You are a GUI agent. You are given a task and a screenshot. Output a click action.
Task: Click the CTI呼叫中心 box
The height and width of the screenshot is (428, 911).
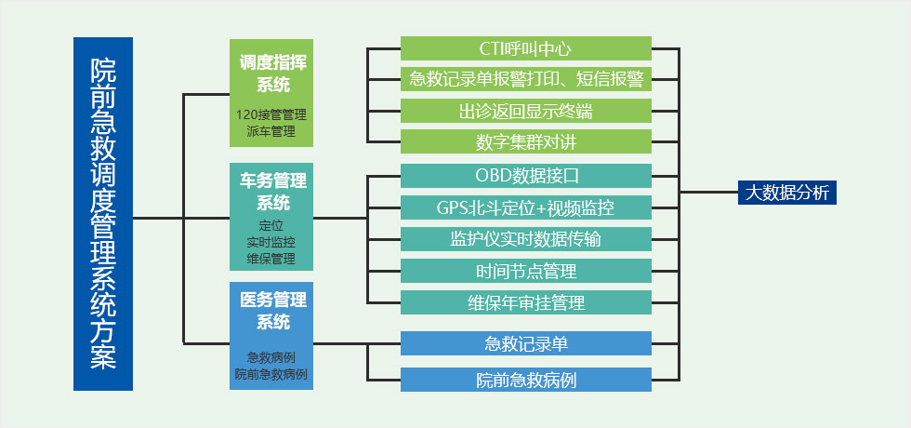click(x=525, y=47)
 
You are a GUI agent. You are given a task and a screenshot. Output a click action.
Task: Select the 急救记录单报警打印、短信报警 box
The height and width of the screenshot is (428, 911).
click(x=525, y=79)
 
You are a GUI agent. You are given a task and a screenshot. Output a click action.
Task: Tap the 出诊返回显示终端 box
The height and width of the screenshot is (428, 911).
click(x=525, y=111)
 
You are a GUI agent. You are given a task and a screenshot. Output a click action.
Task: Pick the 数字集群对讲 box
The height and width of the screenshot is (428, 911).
click(x=525, y=142)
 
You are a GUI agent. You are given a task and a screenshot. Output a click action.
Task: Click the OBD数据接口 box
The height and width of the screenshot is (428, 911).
click(x=525, y=175)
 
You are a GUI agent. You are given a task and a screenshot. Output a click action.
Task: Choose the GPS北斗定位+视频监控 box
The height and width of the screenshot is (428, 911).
click(x=525, y=207)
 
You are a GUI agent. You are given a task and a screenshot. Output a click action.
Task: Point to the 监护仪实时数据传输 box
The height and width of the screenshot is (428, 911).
click(x=525, y=238)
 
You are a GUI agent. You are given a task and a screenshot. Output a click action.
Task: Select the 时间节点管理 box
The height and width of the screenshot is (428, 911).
click(x=525, y=271)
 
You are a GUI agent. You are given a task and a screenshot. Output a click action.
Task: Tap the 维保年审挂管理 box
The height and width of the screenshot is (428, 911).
click(x=525, y=302)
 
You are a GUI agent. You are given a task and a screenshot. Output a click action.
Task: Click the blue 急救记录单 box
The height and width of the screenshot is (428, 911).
click(x=525, y=343)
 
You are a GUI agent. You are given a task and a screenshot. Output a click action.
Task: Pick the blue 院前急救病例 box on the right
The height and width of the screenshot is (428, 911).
click(x=525, y=380)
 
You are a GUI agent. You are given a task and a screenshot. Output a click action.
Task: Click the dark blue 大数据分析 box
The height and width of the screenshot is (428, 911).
click(x=788, y=192)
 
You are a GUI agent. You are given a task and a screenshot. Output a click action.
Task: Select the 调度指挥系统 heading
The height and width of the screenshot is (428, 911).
click(x=272, y=74)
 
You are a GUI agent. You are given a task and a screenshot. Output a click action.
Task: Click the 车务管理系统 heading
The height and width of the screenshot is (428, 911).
click(x=272, y=191)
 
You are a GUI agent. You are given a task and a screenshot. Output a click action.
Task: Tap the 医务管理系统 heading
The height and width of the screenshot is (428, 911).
click(x=272, y=311)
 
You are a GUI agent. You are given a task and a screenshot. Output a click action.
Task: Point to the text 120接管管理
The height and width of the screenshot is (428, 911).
click(x=271, y=114)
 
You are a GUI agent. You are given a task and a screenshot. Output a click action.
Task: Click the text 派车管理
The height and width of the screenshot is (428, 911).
click(x=271, y=131)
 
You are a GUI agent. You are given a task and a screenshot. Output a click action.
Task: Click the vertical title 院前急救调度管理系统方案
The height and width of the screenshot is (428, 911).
click(x=103, y=213)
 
